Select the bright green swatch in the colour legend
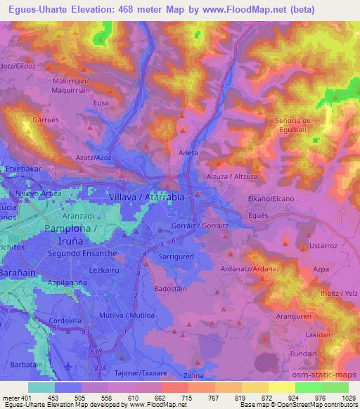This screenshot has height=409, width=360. [x=309, y=387]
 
